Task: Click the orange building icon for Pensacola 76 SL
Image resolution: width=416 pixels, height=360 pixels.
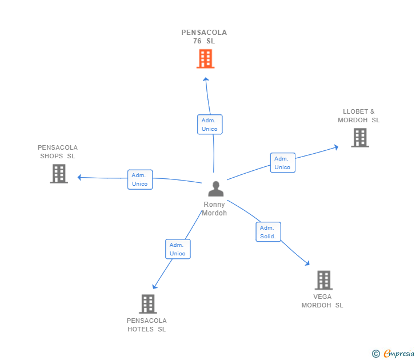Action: click(x=205, y=59)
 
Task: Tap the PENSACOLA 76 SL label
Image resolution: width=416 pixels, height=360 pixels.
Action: click(x=204, y=37)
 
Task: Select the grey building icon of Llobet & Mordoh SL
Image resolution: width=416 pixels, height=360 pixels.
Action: click(x=359, y=138)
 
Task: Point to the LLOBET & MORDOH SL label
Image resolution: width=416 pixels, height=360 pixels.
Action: click(x=358, y=116)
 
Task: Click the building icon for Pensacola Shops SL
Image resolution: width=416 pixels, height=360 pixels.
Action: click(x=59, y=174)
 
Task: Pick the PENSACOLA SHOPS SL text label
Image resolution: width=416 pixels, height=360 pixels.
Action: click(x=58, y=152)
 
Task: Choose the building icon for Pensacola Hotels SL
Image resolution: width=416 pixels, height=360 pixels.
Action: click(x=148, y=304)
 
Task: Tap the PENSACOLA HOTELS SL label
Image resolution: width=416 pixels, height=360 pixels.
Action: click(x=147, y=325)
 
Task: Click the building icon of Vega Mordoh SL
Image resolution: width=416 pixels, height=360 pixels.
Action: click(x=323, y=280)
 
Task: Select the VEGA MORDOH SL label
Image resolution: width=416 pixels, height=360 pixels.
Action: click(x=322, y=301)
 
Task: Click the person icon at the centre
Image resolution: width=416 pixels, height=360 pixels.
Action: click(x=215, y=189)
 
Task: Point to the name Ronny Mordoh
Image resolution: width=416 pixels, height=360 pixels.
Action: click(x=214, y=209)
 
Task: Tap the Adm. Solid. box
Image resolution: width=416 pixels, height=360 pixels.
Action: click(x=268, y=232)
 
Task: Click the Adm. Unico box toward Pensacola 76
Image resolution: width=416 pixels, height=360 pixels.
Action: click(x=210, y=125)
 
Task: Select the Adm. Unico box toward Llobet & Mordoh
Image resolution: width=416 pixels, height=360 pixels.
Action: click(x=282, y=163)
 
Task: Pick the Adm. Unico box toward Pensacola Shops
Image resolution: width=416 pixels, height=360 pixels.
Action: click(x=140, y=179)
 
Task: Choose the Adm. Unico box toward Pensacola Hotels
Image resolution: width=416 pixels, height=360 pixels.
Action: click(x=178, y=249)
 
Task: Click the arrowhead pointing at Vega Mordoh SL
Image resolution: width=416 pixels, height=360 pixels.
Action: click(x=307, y=263)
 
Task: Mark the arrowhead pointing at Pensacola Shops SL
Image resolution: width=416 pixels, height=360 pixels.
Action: click(x=80, y=177)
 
